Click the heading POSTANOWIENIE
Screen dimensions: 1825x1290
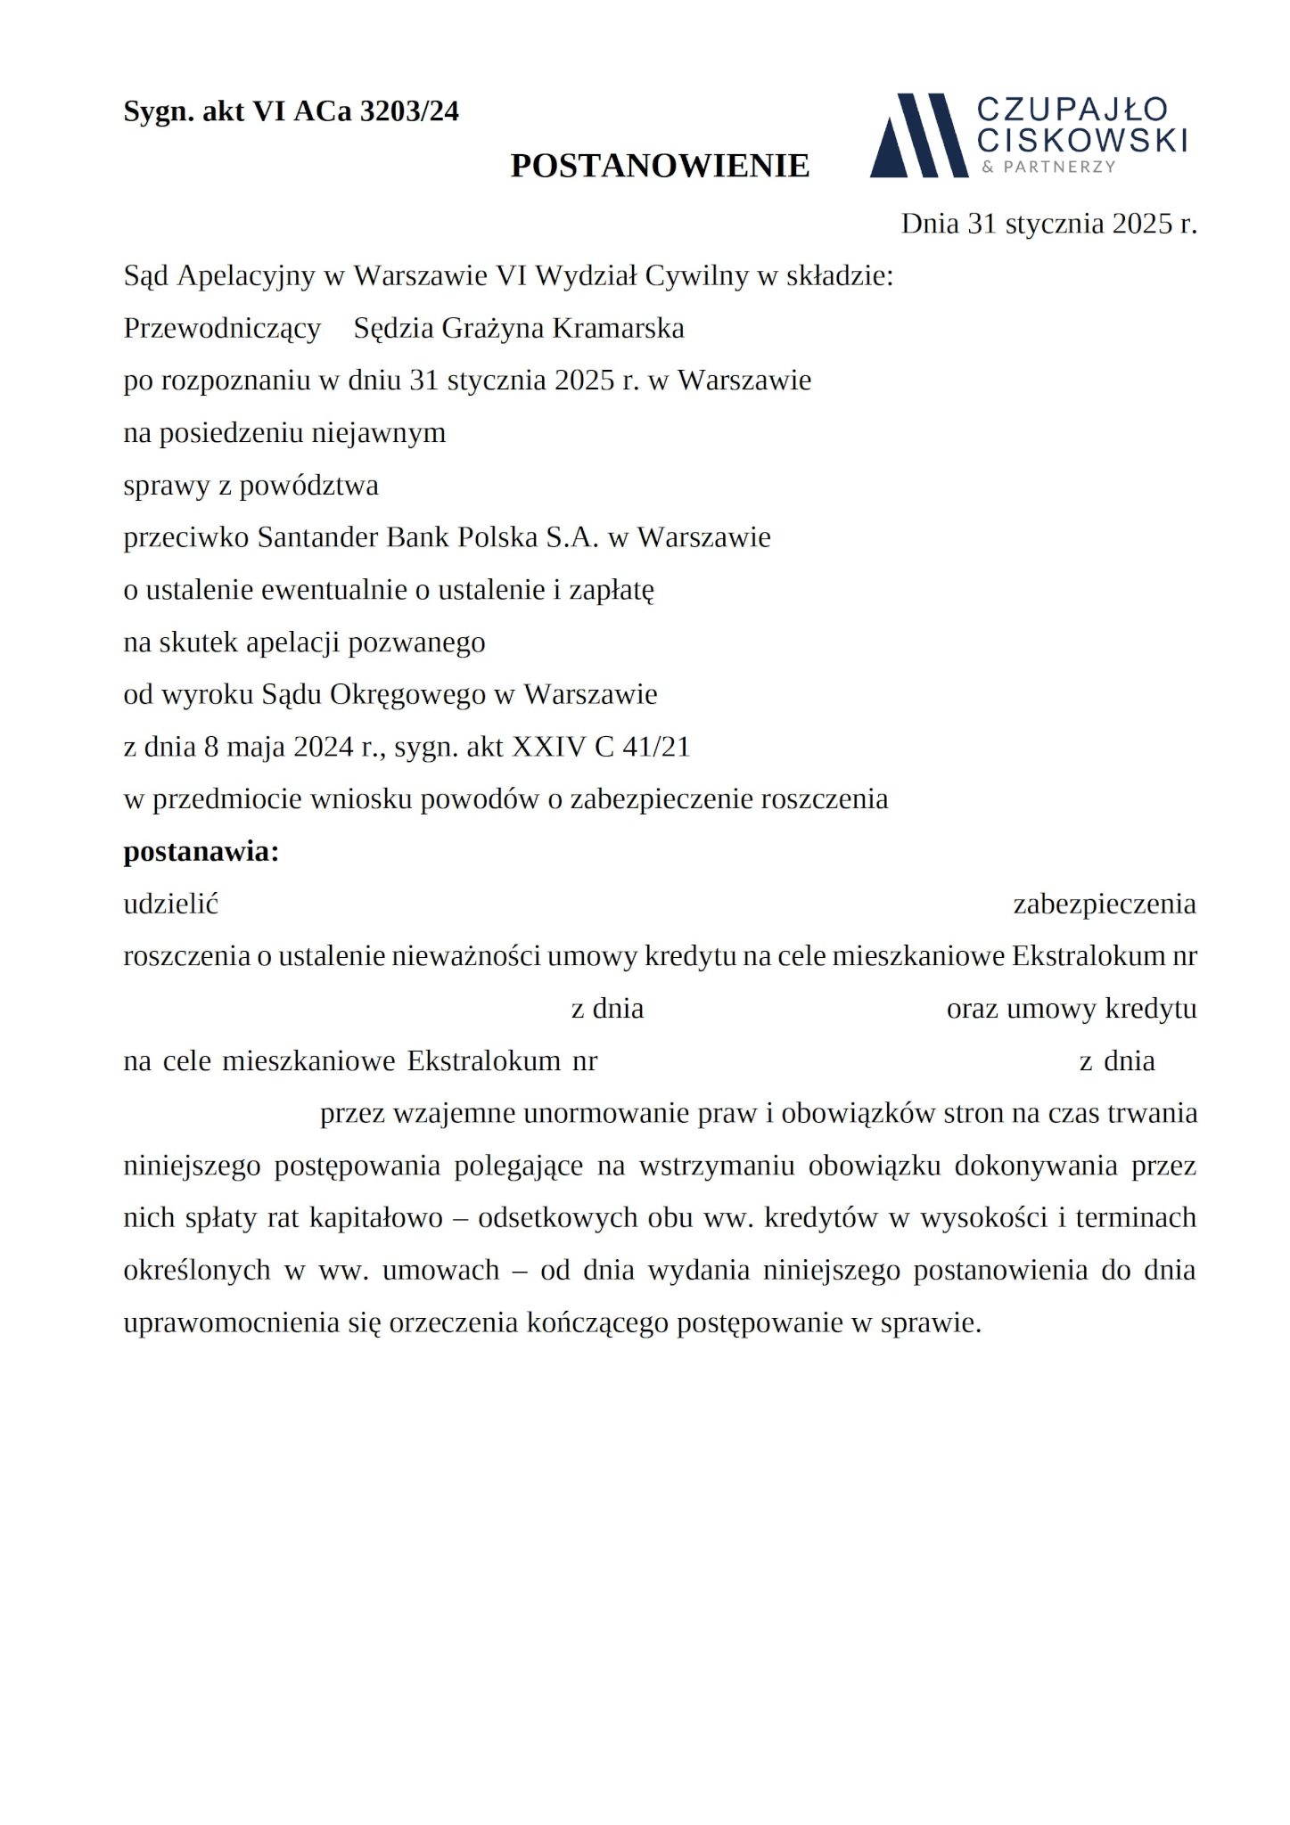pos(660,166)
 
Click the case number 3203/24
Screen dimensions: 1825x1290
pos(409,111)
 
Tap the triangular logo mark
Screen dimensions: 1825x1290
pos(918,135)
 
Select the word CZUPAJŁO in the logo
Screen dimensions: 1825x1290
pos(1072,110)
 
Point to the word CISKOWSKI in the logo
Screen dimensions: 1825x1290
pos(1082,140)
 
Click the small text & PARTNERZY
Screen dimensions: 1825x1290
pos(1048,168)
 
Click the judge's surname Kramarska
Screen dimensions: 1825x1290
pos(618,329)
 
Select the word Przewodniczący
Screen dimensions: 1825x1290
pos(222,329)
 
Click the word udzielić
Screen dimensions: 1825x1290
pos(171,904)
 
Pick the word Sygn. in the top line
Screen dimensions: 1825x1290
pos(158,112)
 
